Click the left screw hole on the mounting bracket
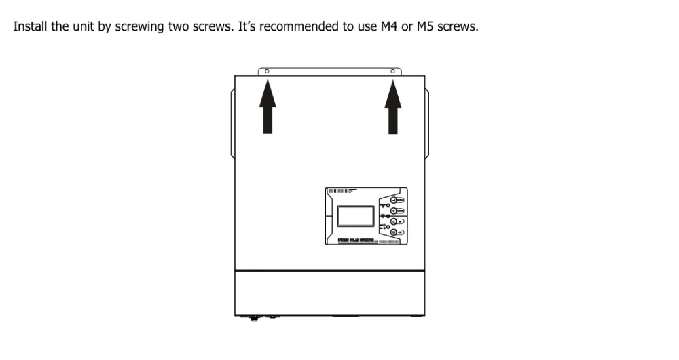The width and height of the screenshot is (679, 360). [266, 71]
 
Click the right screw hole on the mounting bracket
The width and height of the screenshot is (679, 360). [392, 71]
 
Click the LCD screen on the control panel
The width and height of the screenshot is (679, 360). [354, 217]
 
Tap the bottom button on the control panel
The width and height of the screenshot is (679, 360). [397, 232]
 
